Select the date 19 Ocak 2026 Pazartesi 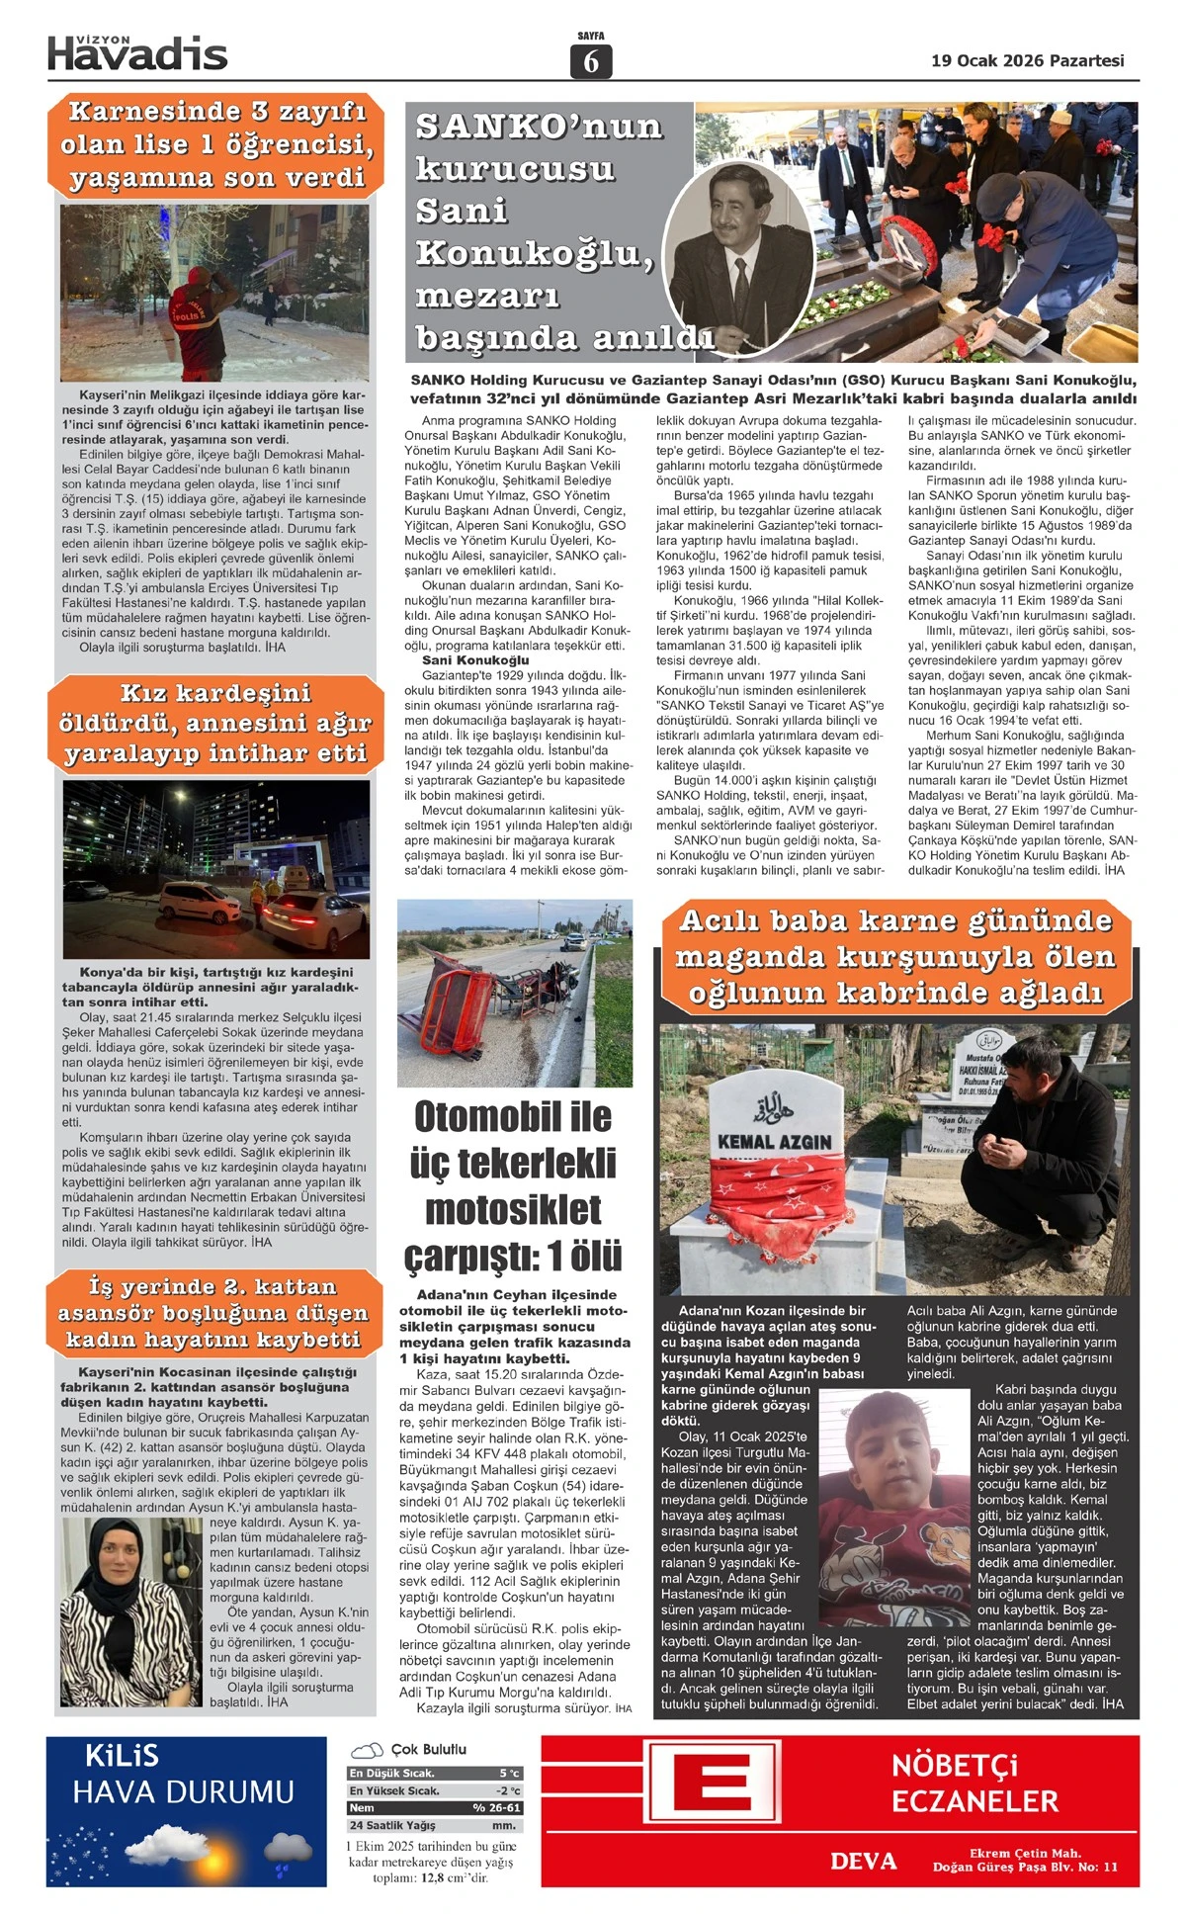coord(1027,61)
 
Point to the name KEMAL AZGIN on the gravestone coord(774,1142)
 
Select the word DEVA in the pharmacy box coord(863,1861)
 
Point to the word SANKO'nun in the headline coord(540,127)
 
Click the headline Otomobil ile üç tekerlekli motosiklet coord(514,1185)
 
